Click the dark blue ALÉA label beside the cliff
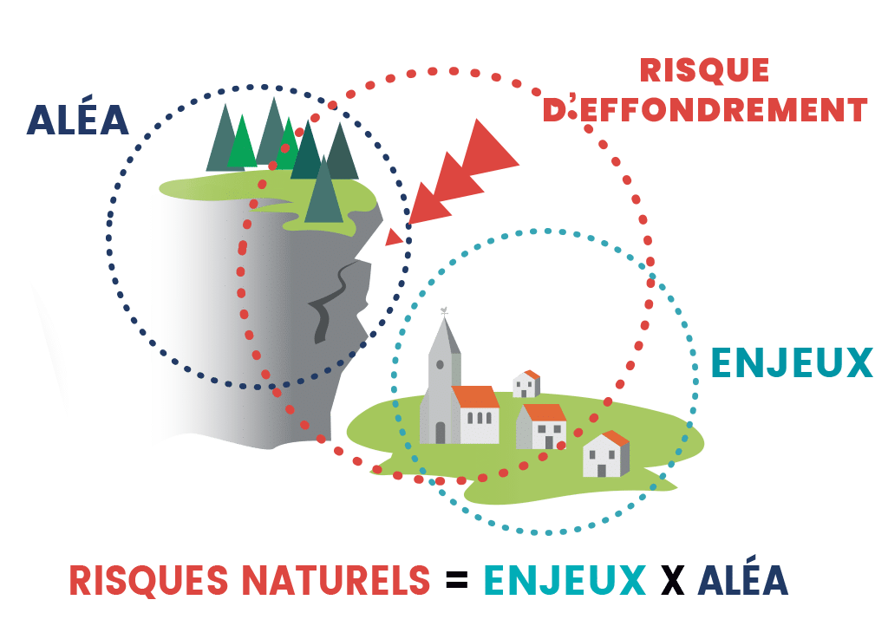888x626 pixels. click(x=77, y=119)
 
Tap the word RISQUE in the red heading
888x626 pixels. click(x=704, y=70)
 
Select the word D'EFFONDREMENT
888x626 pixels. click(x=705, y=109)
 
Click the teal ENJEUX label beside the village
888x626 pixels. click(x=792, y=362)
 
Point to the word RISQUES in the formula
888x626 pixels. click(x=149, y=580)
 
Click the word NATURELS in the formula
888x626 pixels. click(x=336, y=580)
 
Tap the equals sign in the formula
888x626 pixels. click(x=456, y=579)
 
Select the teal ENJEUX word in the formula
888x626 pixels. click(x=565, y=580)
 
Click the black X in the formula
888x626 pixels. click(x=672, y=580)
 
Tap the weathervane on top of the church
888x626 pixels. click(x=445, y=310)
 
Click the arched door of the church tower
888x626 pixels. click(x=440, y=433)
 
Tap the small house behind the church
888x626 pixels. click(x=526, y=384)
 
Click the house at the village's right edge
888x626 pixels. click(x=606, y=454)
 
